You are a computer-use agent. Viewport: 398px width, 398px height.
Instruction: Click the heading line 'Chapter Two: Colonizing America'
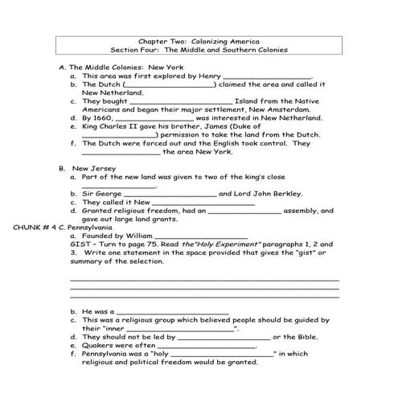coord(199,39)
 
